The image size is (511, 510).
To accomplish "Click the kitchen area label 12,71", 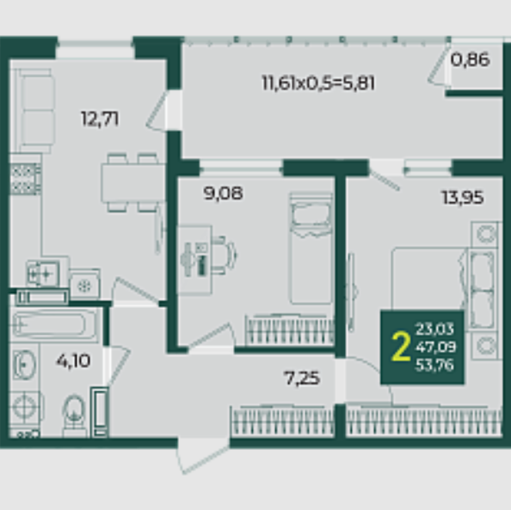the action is (100, 119).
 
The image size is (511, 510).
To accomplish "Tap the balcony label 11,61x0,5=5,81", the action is (318, 83).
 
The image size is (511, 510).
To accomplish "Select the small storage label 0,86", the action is (470, 59).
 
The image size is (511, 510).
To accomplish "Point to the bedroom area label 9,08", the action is (223, 193).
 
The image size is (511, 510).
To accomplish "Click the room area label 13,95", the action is (463, 198).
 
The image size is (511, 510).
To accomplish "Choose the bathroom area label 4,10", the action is (73, 360).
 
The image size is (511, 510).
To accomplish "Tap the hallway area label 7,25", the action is (302, 378).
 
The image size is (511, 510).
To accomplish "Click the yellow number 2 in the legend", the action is (401, 347).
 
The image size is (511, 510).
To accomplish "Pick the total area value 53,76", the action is (434, 365).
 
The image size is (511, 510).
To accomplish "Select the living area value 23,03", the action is (434, 329).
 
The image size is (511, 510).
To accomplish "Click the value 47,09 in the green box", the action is (435, 347).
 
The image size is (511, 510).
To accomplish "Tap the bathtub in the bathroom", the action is (54, 324).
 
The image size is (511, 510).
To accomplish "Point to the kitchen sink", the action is (43, 273).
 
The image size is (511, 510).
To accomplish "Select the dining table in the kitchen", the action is (132, 182).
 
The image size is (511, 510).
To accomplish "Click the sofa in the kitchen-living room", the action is (35, 111).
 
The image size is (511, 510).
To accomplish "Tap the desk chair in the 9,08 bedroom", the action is (223, 255).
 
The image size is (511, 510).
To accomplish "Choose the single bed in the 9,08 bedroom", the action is (311, 249).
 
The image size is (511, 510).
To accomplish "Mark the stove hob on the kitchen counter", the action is (25, 179).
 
